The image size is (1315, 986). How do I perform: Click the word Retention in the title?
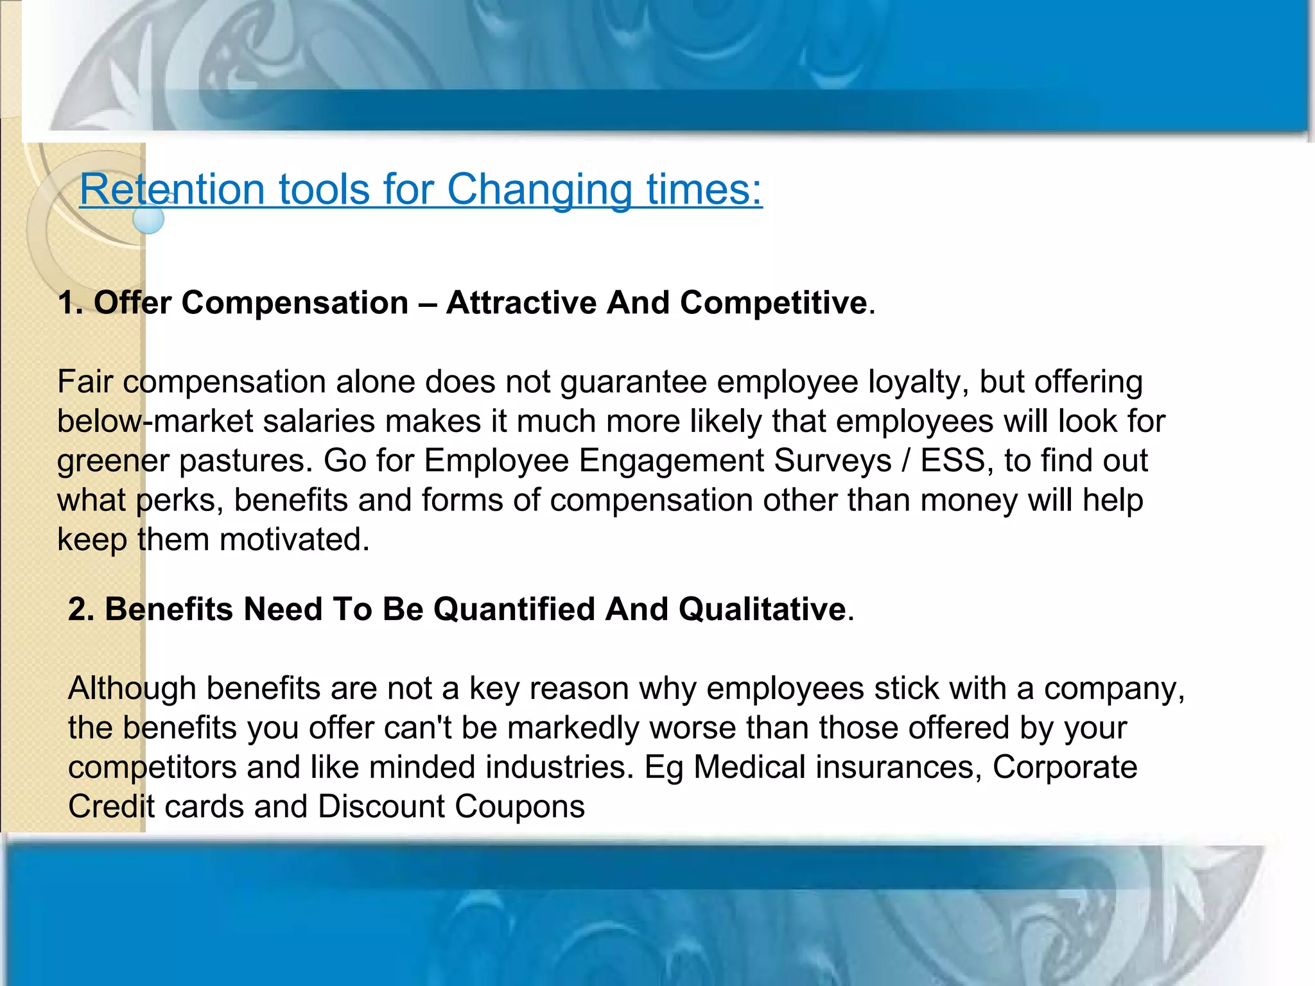(x=171, y=190)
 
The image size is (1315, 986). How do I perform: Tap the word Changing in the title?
(x=539, y=190)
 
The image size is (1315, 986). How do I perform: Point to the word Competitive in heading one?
(x=773, y=303)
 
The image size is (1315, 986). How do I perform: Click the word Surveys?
(x=832, y=461)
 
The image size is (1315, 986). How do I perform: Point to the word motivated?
(x=294, y=540)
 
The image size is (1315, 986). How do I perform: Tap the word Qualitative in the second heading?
(x=762, y=609)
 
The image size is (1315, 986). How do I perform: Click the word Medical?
(x=749, y=768)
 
